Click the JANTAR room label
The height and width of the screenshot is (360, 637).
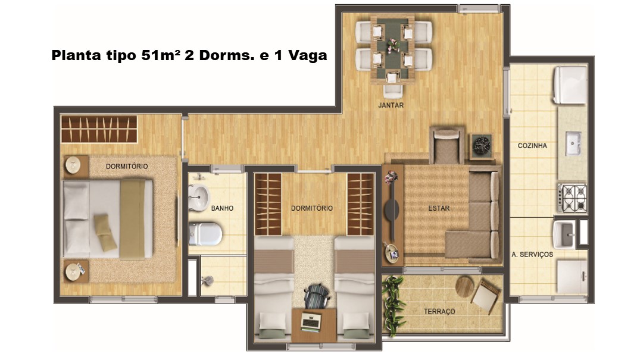pos(391,105)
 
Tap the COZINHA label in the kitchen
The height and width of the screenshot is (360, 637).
pos(532,146)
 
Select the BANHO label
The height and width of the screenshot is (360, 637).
pos(222,208)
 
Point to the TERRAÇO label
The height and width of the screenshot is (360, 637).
pos(439,311)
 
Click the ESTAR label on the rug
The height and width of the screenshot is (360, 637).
pos(439,208)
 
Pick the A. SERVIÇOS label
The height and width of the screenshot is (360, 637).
pos(532,255)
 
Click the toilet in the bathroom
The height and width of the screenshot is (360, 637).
pos(205,234)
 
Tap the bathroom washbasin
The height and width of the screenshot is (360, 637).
pos(198,197)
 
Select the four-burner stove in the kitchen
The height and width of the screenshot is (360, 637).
pos(573,198)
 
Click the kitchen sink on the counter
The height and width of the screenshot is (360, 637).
pos(573,143)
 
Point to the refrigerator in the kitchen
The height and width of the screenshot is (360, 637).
pos(570,85)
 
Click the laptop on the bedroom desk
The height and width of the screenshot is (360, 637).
pos(311,323)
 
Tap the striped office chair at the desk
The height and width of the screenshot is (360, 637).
pos(317,296)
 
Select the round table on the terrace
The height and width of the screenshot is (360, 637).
pos(465,287)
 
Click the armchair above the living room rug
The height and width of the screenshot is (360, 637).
pos(446,146)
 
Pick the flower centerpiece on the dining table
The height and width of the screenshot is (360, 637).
pos(392,45)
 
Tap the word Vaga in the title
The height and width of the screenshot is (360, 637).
pos(308,55)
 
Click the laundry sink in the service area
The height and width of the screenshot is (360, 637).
pos(564,234)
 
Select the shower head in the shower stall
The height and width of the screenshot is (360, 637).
pos(207,280)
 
